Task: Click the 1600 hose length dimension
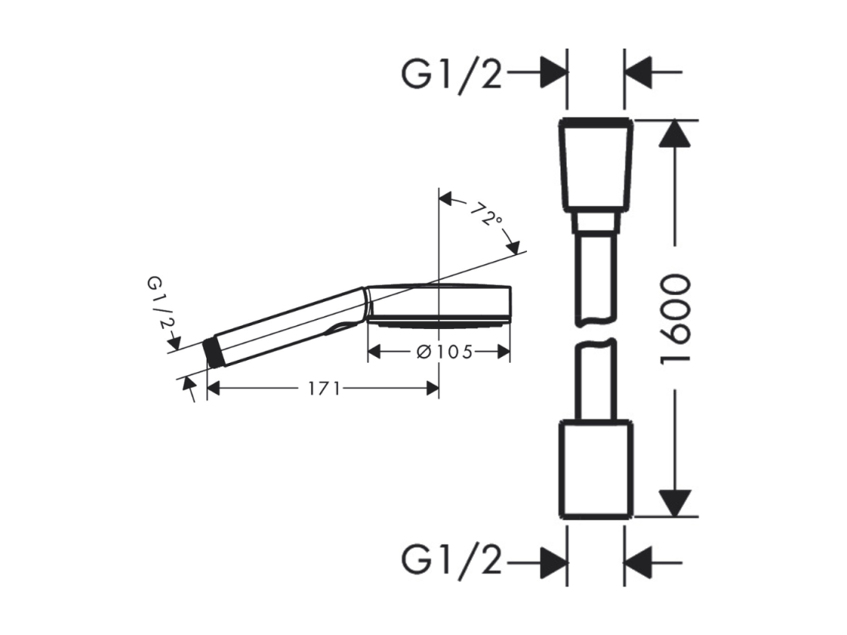pyautogui.click(x=675, y=319)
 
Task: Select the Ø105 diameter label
pyautogui.click(x=445, y=352)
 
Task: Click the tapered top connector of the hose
pyautogui.click(x=596, y=164)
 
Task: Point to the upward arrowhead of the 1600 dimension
pyautogui.click(x=675, y=133)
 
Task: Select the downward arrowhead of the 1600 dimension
pyautogui.click(x=675, y=502)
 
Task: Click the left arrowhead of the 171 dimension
pyautogui.click(x=214, y=388)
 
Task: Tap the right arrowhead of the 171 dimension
pyautogui.click(x=432, y=388)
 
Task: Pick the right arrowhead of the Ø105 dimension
pyautogui.click(x=504, y=352)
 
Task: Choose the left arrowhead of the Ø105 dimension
pyautogui.click(x=374, y=352)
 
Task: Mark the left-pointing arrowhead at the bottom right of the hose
pyautogui.click(x=637, y=563)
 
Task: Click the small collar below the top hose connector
pyautogui.click(x=596, y=222)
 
